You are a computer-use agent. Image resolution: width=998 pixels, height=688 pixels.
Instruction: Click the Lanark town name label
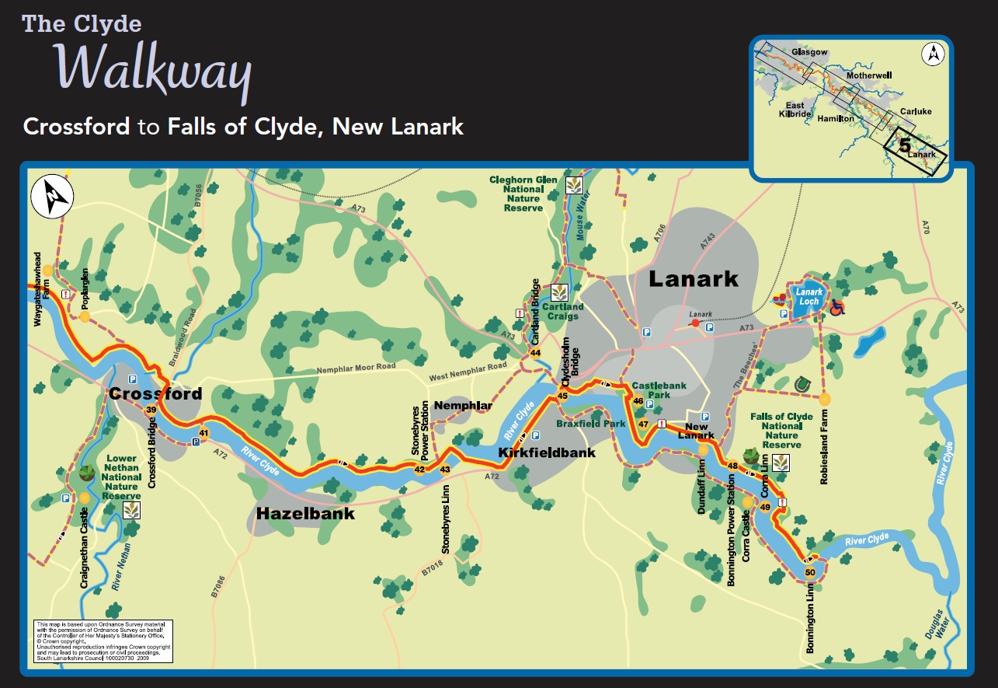point(694,278)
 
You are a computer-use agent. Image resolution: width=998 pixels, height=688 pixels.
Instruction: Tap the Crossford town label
point(155,393)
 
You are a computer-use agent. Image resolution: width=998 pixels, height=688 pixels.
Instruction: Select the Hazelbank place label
point(305,513)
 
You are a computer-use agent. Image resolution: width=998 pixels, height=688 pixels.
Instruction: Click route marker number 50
point(810,573)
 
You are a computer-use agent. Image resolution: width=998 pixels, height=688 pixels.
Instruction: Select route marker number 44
point(535,353)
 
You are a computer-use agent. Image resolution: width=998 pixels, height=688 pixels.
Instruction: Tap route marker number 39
point(151,410)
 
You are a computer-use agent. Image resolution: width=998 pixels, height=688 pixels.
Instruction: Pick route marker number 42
point(419,469)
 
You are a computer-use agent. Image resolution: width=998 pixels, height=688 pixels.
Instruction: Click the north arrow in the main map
point(51,197)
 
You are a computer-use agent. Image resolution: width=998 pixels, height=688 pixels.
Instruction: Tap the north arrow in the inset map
point(932,54)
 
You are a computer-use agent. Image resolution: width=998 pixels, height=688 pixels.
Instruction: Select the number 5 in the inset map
point(904,145)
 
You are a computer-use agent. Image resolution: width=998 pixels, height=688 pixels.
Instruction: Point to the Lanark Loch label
point(808,296)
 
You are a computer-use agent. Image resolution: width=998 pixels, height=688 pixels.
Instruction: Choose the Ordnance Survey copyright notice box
point(103,641)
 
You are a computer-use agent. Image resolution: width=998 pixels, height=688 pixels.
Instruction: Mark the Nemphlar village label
point(463,406)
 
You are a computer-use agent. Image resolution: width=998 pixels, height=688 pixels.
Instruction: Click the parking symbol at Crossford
point(132,379)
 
